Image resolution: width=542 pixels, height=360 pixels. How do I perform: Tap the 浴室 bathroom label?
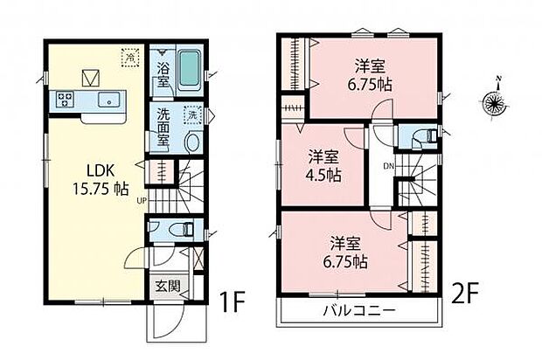point(163,74)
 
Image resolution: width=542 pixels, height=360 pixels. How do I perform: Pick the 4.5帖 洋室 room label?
point(323,165)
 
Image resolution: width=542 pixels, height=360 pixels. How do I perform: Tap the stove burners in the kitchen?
point(65,98)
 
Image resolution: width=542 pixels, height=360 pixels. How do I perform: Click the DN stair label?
point(386,166)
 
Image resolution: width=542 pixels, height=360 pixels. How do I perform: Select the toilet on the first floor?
point(181,229)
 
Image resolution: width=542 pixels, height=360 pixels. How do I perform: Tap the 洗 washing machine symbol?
point(191,115)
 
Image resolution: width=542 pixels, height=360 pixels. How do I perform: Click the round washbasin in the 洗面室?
point(193,142)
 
